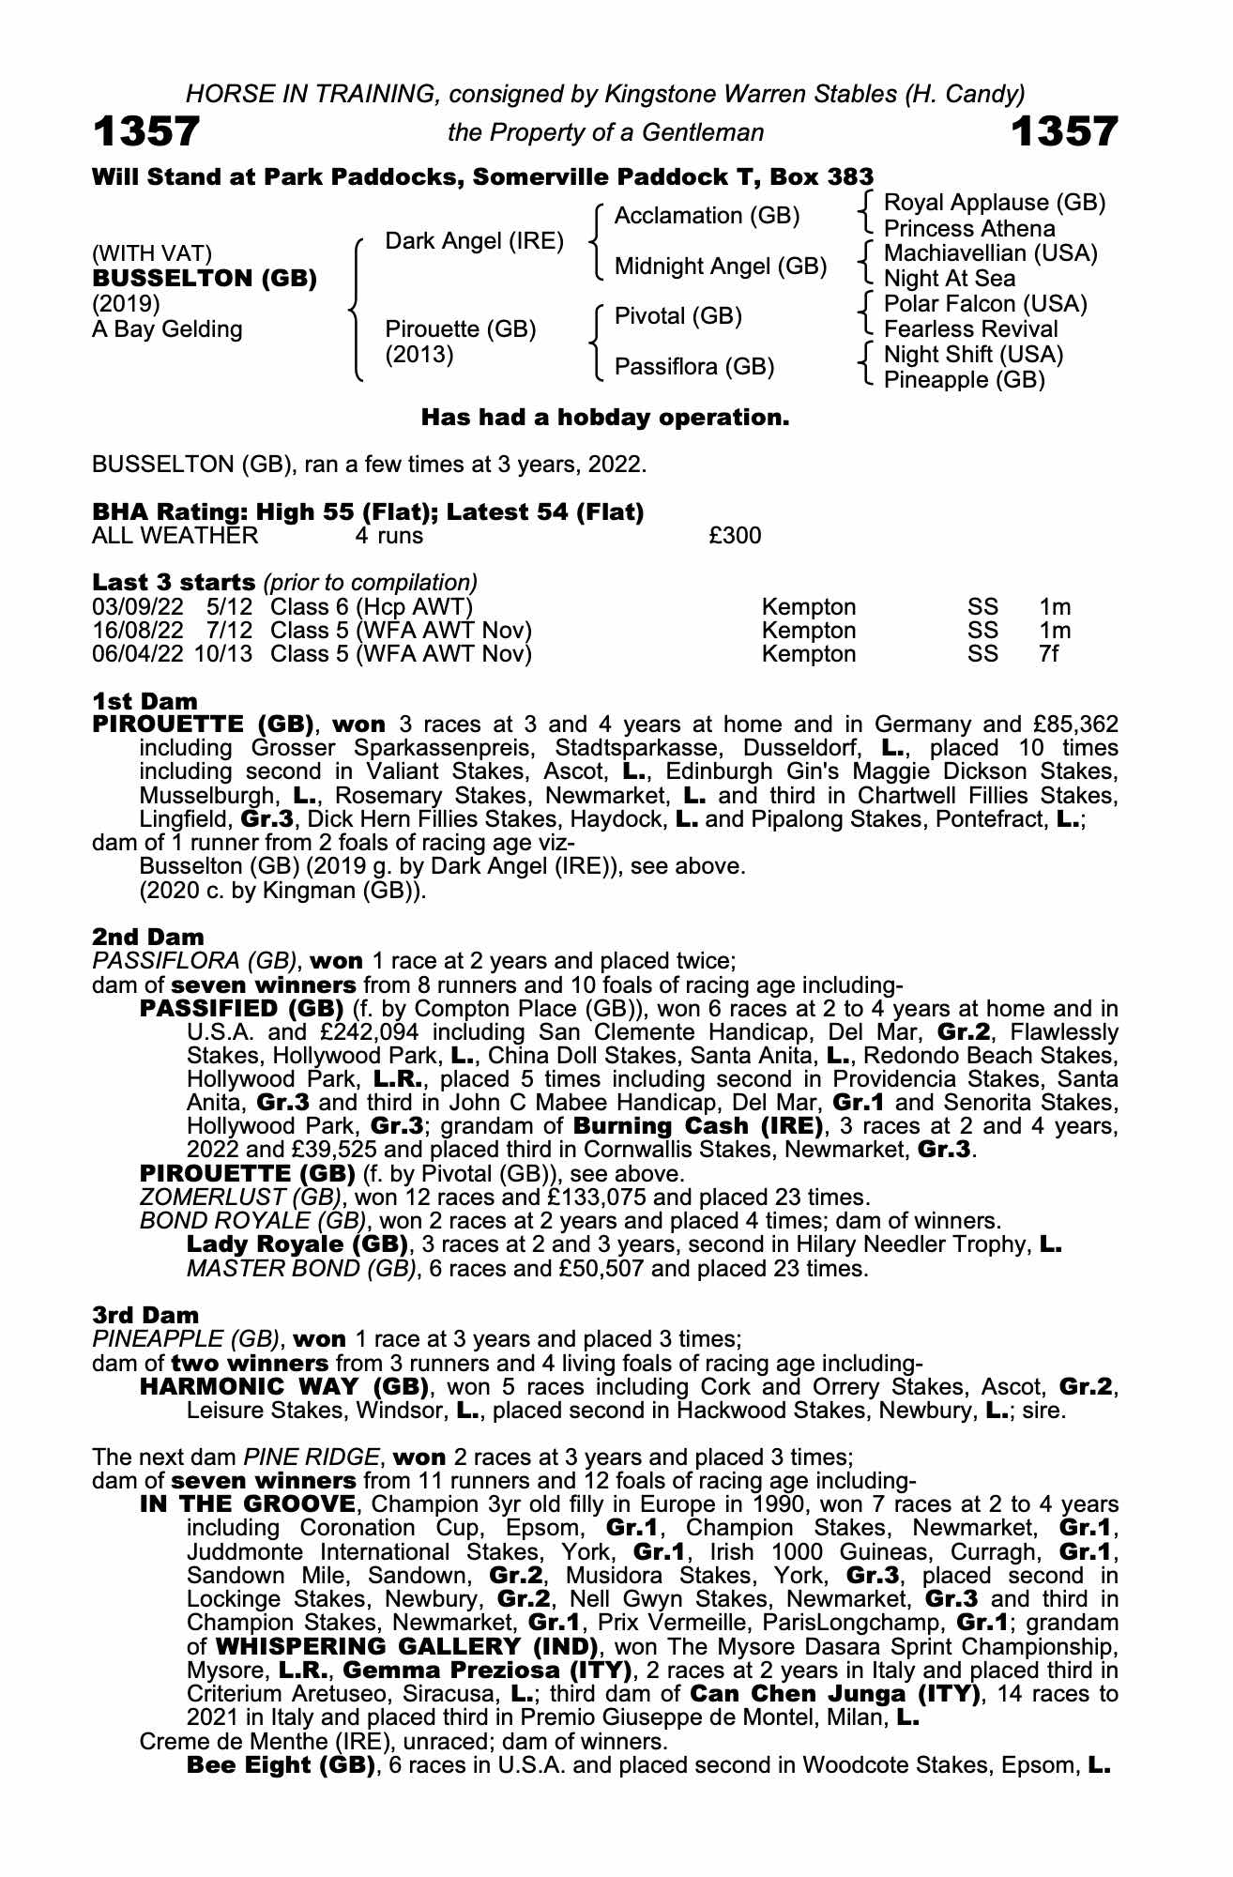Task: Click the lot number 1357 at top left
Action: pos(146,131)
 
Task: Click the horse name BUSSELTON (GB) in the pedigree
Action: pos(205,279)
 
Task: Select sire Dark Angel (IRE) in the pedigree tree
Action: pos(475,241)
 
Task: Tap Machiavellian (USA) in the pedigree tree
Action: pos(991,253)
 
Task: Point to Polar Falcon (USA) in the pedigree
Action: pos(985,304)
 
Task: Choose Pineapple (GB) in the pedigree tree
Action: pos(965,380)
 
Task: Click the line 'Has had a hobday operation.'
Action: pos(605,417)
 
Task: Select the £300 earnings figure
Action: pos(735,536)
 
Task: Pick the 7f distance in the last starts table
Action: pos(1048,654)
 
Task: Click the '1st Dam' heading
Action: pos(145,701)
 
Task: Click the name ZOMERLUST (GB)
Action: pos(239,1198)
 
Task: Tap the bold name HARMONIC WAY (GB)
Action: pos(284,1387)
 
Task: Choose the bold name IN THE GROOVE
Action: pos(248,1505)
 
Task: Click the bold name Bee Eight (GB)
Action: pos(282,1765)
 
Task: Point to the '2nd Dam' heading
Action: pos(147,937)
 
